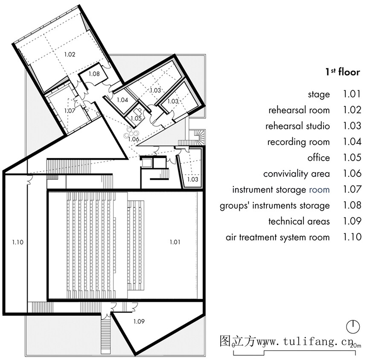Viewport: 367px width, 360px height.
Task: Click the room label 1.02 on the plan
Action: tap(70, 54)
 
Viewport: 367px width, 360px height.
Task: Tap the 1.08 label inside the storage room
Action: tap(94, 74)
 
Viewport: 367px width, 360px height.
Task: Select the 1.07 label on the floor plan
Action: tap(70, 111)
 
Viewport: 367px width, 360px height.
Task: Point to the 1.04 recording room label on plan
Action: tap(122, 100)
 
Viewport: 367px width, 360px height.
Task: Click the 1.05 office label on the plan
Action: tap(136, 119)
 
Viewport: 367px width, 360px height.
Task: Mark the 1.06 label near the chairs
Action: tap(134, 139)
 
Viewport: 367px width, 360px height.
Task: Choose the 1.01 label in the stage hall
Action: tap(175, 242)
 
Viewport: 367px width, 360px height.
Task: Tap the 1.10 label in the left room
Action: tap(18, 242)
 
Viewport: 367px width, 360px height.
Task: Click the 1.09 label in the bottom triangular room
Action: tap(139, 322)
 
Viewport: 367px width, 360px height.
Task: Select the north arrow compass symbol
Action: tap(353, 326)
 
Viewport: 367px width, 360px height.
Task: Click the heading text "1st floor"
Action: tap(343, 72)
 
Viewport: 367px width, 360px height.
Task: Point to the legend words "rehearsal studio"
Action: tap(297, 126)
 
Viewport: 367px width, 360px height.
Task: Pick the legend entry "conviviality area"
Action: tap(297, 174)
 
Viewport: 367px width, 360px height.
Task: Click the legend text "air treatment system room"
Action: tap(278, 237)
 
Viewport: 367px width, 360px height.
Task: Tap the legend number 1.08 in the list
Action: tap(352, 205)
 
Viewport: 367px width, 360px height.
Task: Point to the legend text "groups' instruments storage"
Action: tap(275, 206)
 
